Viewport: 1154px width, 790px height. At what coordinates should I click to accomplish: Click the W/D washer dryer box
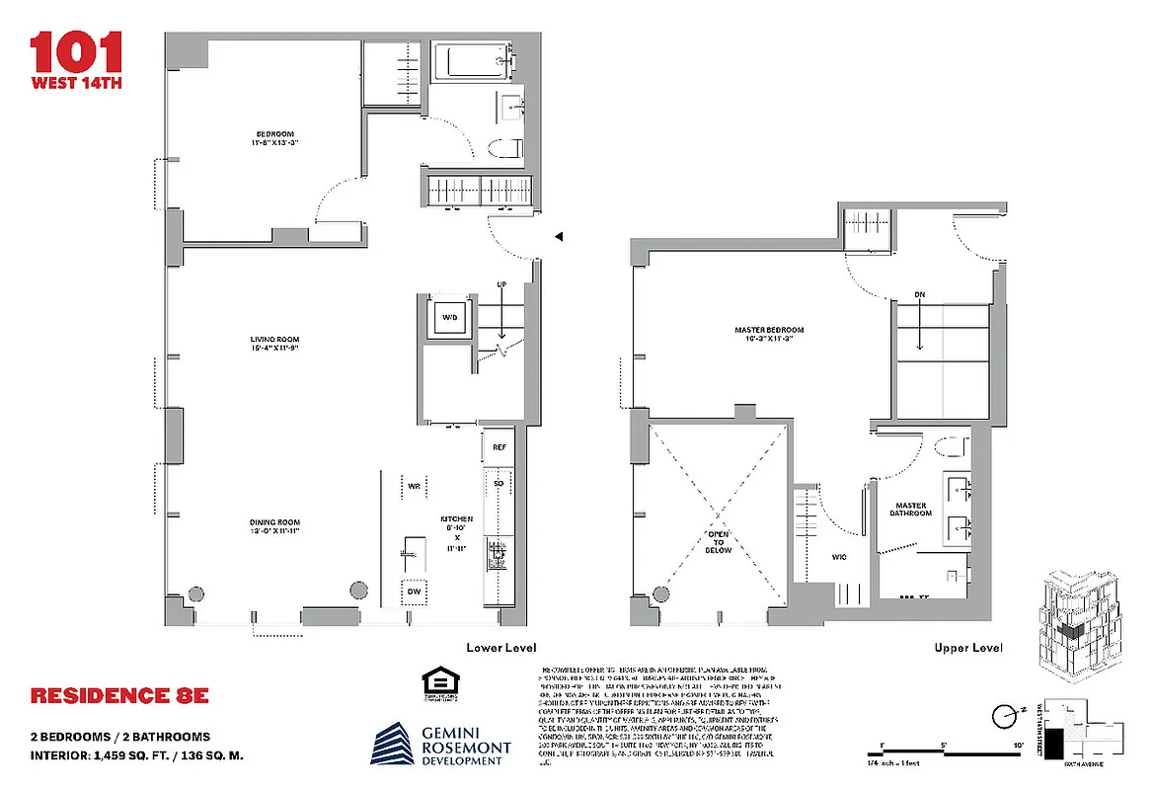449,318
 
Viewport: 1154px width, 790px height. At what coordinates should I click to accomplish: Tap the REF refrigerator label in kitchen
500,447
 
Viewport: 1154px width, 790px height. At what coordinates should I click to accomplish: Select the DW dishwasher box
415,592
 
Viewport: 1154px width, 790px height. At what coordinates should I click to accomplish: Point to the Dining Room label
273,526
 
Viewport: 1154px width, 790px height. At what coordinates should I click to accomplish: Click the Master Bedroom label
769,334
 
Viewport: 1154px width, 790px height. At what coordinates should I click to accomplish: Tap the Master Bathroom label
909,508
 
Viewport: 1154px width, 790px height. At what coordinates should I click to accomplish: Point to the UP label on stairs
501,285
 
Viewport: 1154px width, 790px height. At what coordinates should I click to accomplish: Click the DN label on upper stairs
919,294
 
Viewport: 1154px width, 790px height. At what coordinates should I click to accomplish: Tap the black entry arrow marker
558,237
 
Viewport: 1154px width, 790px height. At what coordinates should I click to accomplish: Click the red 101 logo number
76,50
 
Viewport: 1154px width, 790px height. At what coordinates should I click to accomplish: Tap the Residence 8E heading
119,695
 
